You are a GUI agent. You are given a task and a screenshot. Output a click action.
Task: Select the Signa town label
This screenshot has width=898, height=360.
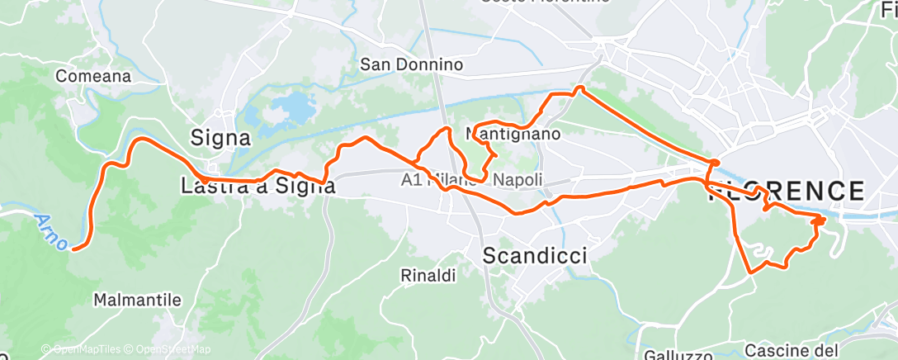point(220,137)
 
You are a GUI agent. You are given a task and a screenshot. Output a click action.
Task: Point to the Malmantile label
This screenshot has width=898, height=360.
point(137,300)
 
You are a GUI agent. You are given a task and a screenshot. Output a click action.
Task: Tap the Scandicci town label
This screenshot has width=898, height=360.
point(535,255)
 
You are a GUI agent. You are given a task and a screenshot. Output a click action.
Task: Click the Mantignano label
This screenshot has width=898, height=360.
point(514,133)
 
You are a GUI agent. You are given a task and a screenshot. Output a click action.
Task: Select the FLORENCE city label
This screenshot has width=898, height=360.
point(786,192)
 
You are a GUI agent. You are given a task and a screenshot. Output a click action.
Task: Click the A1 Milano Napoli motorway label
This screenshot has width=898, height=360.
point(472,179)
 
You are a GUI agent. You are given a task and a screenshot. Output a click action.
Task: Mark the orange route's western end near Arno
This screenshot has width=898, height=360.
point(74,247)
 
